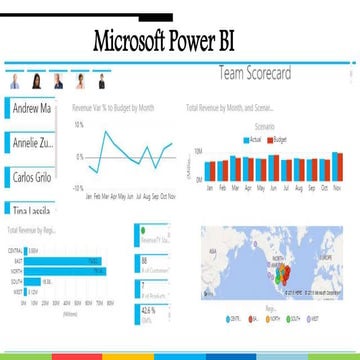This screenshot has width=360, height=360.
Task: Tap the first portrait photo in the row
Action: [15, 81]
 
